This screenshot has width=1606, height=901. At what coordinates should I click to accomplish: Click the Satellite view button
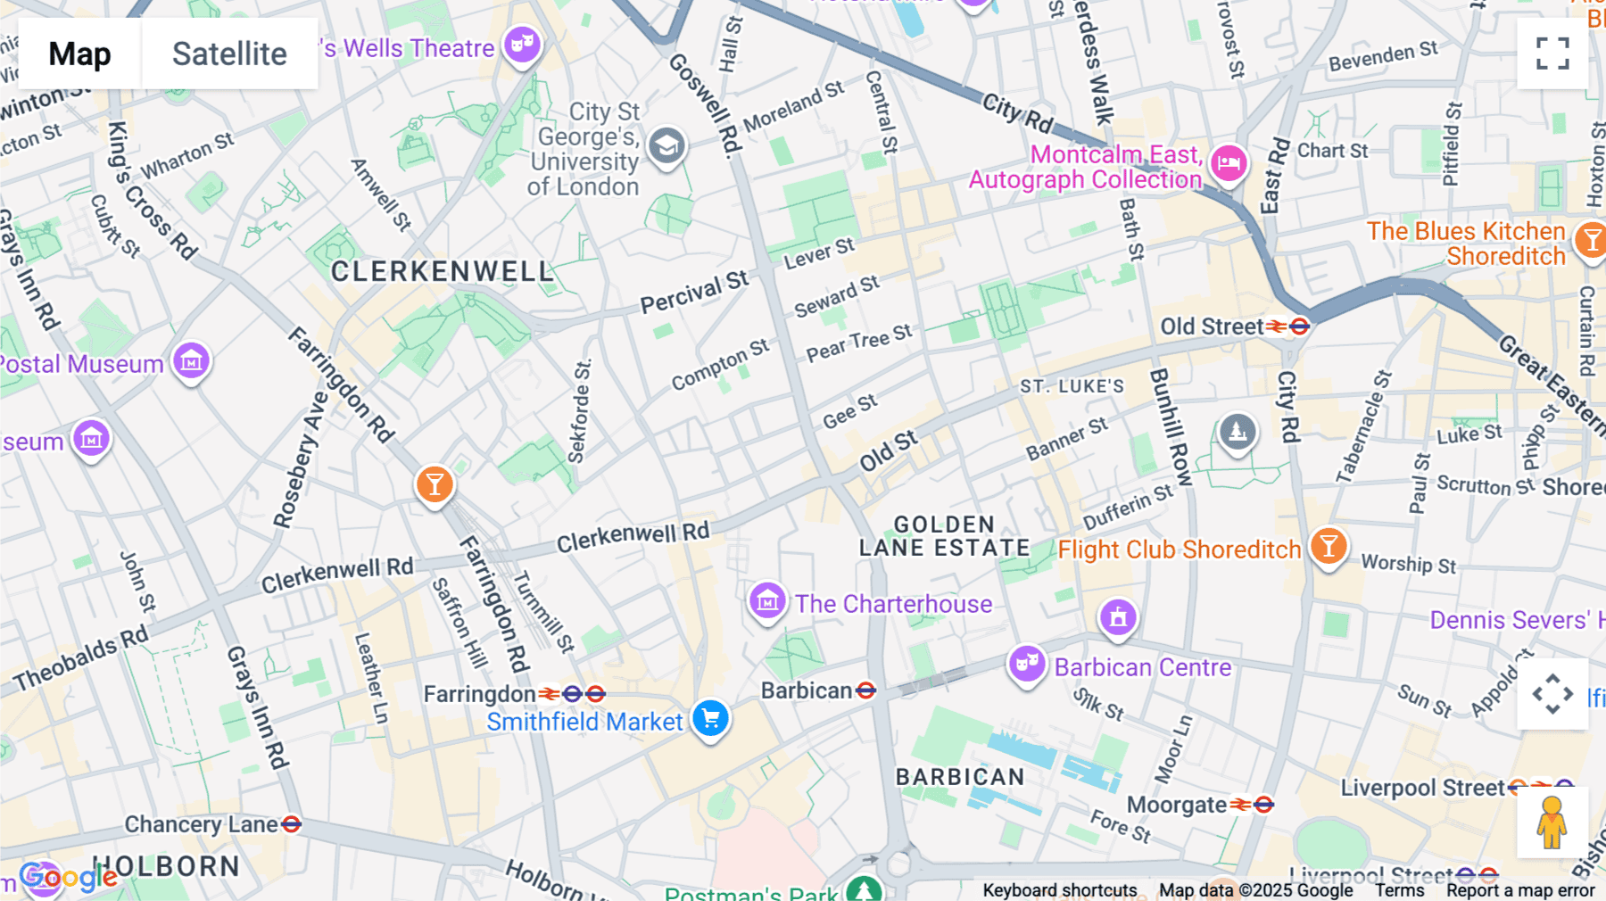click(x=229, y=54)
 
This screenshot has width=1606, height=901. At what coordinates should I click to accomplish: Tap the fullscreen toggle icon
click(x=1552, y=54)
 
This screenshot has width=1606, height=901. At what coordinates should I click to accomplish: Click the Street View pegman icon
click(x=1552, y=822)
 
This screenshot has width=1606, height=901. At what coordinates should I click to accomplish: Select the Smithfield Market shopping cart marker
click(x=710, y=718)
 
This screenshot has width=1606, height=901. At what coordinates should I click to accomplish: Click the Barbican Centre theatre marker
click(x=1027, y=663)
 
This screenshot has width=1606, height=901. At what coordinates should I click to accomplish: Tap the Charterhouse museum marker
click(x=767, y=601)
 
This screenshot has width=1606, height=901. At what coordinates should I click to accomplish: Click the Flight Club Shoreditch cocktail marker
click(x=1329, y=545)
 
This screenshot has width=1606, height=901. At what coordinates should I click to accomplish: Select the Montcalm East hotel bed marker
click(x=1229, y=163)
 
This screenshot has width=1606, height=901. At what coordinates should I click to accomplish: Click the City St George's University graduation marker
click(x=666, y=146)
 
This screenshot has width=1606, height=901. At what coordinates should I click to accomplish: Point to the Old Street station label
click(x=1211, y=327)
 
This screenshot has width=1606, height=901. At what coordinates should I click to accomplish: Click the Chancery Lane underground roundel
click(x=291, y=824)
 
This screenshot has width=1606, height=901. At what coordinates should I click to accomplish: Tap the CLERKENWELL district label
click(x=443, y=271)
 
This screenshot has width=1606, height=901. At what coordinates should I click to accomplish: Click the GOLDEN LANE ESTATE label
click(x=944, y=536)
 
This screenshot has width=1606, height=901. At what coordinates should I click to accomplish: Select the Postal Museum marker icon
click(x=191, y=360)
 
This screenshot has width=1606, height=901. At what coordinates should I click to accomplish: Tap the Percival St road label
click(x=694, y=292)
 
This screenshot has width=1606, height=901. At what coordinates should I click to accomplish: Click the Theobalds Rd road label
click(x=80, y=660)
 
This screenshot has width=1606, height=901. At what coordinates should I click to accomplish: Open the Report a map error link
click(x=1520, y=890)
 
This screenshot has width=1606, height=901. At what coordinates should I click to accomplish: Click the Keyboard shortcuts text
click(x=1059, y=890)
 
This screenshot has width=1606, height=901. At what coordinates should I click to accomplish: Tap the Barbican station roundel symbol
click(x=865, y=690)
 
